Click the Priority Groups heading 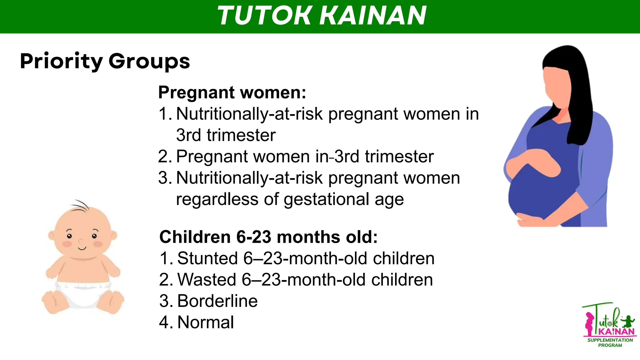(105, 61)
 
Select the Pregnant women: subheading (232, 92)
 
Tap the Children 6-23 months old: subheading (268, 237)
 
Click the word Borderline (217, 301)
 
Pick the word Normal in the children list (206, 322)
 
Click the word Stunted (207, 258)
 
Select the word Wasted (207, 280)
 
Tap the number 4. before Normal (166, 322)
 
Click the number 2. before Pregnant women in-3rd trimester (165, 157)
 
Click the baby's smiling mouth (82, 248)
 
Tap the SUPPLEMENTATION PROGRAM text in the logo (610, 342)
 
